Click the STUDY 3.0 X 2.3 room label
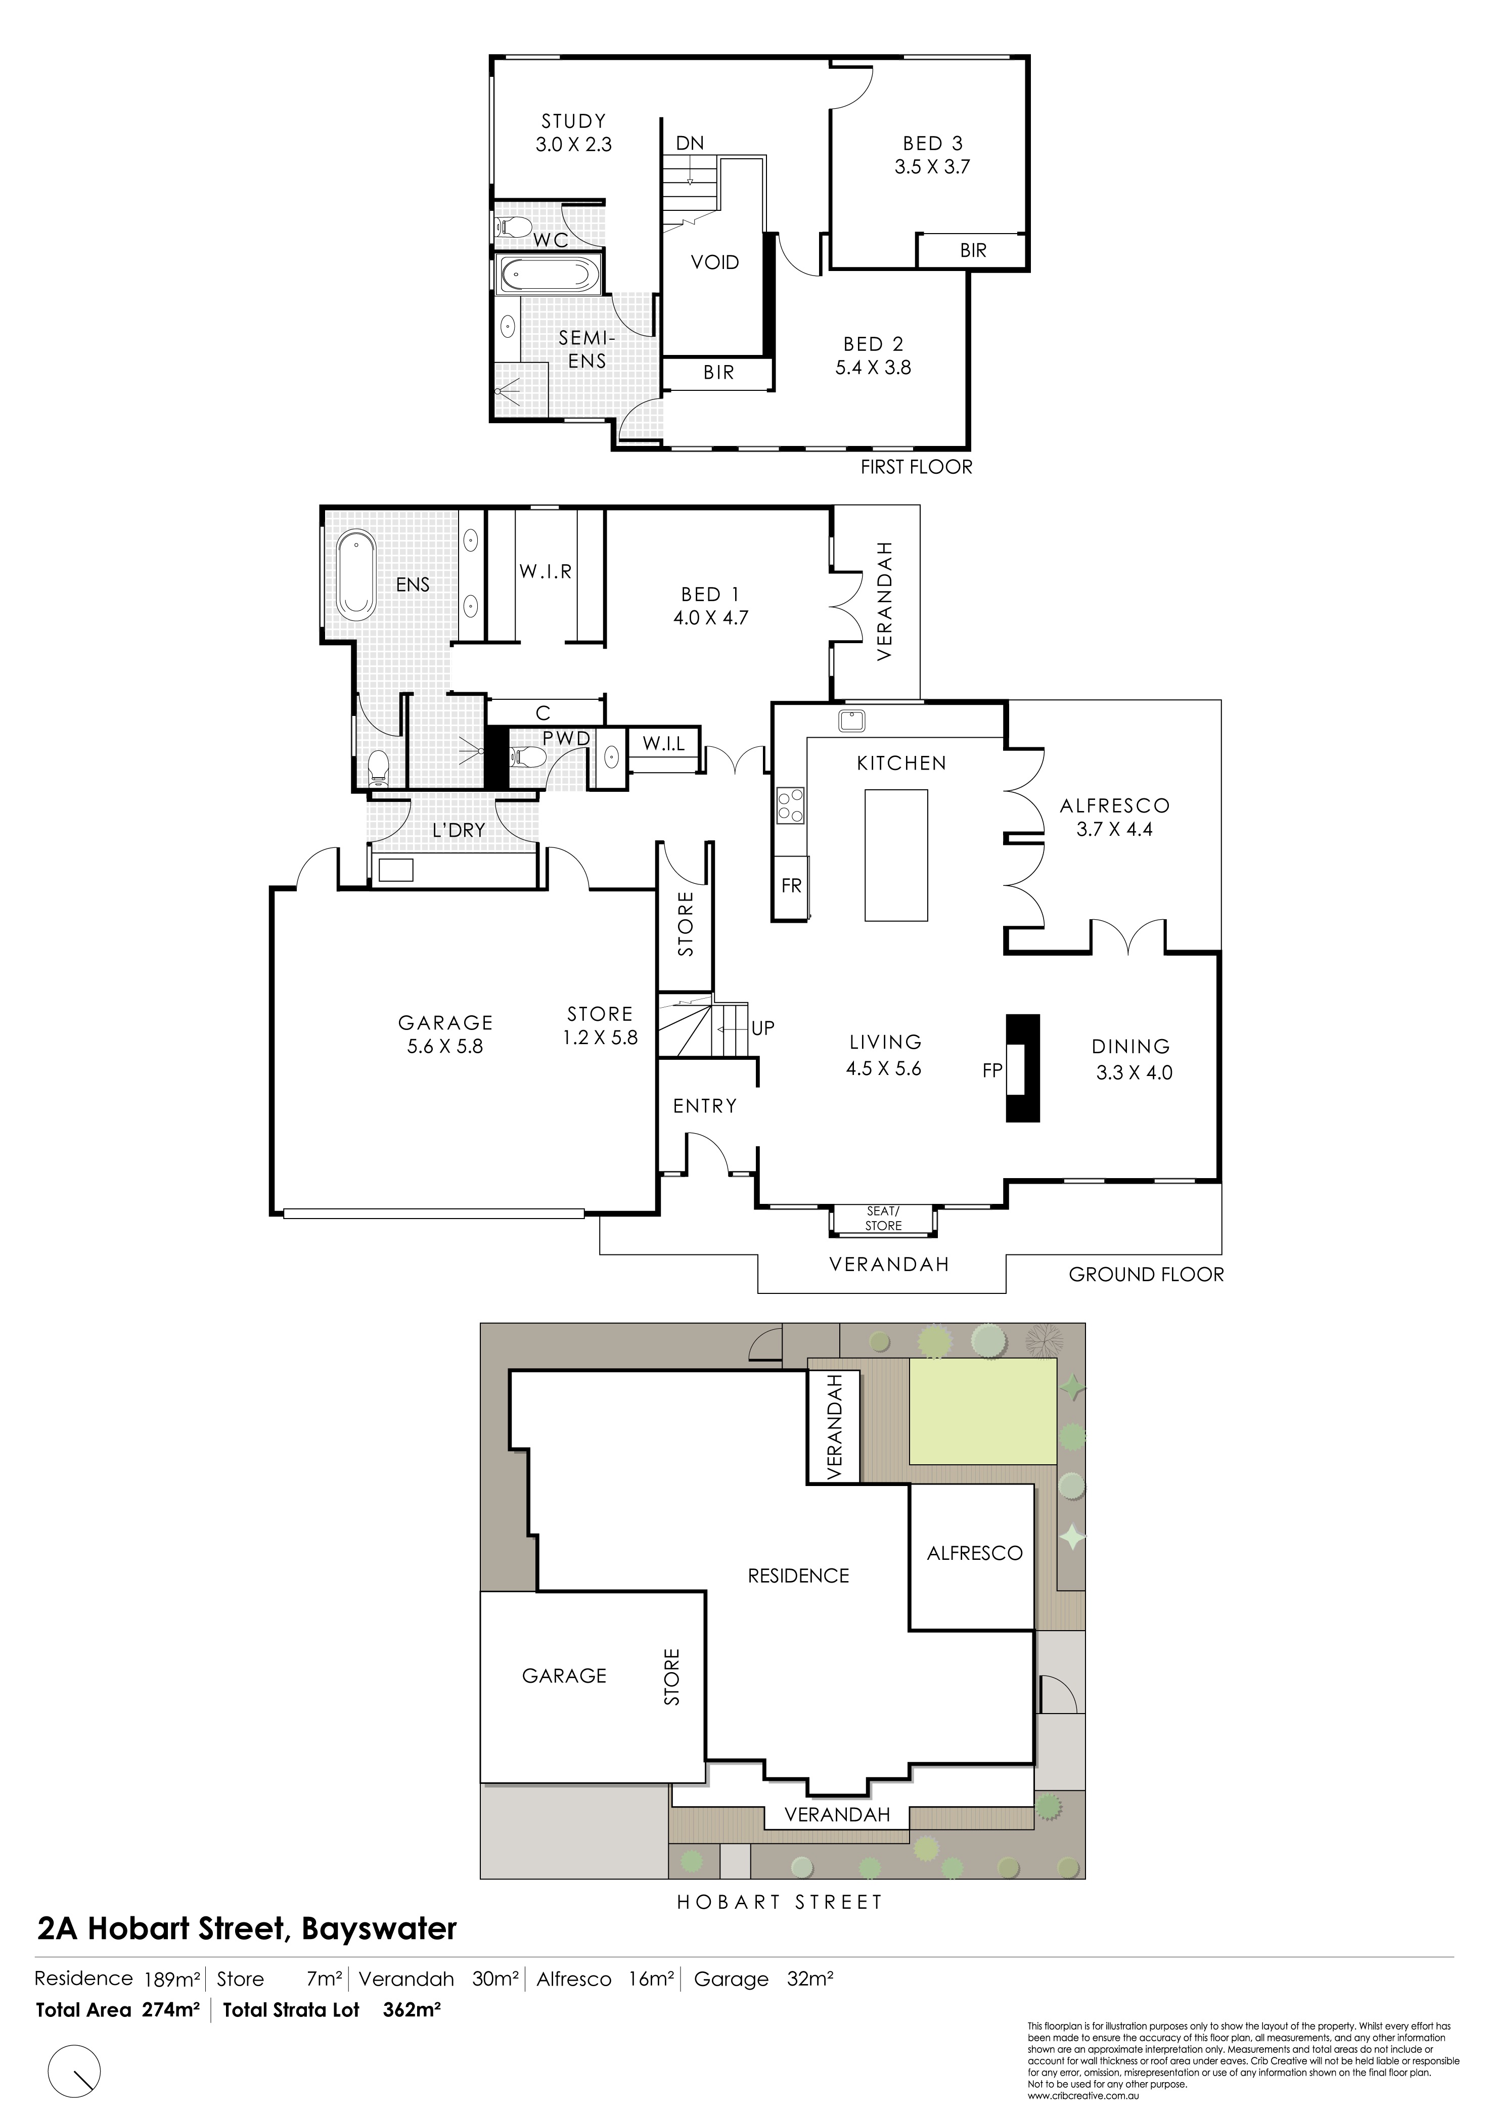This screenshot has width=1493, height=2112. coord(573,132)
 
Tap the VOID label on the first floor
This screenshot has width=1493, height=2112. coord(715,262)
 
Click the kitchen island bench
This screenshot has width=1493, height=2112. coord(896,855)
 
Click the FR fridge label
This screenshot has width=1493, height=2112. coord(791,886)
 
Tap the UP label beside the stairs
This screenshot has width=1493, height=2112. coord(762,1027)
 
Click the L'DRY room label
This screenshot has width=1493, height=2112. coord(458,830)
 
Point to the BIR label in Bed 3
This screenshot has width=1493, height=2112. coord(973,250)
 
